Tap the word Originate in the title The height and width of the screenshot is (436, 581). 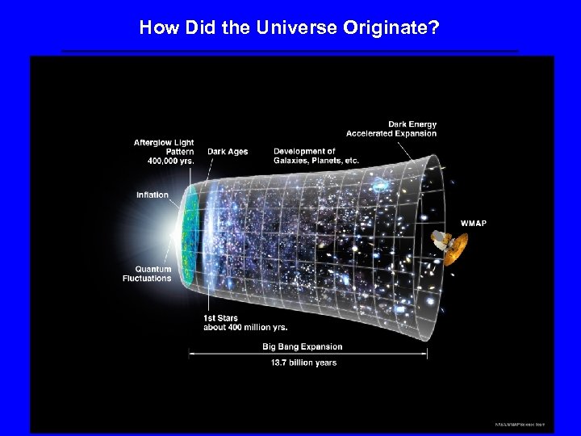point(391,28)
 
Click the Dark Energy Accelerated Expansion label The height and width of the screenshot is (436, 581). point(391,128)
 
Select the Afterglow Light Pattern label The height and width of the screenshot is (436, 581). point(164,152)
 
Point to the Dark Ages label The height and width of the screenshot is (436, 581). point(228,151)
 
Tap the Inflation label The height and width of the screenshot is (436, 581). point(153,195)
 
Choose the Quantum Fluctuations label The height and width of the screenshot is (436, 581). point(147,274)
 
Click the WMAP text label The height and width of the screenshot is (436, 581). point(474,223)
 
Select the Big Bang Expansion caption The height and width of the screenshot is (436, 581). point(303,346)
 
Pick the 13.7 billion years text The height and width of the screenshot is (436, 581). point(304,363)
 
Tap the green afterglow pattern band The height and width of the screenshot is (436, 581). point(190,234)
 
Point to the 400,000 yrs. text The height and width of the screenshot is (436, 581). point(170,161)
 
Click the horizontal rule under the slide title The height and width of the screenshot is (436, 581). point(290,51)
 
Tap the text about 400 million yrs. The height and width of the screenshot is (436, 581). point(245,327)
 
